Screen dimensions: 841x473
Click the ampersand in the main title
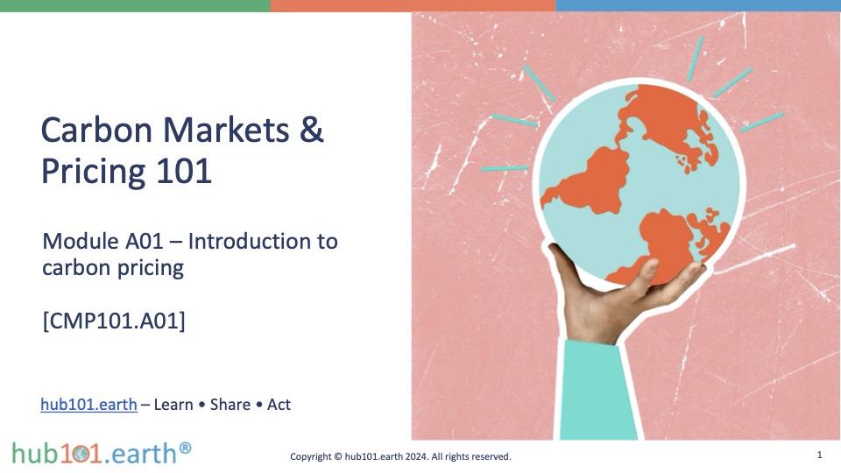tap(311, 130)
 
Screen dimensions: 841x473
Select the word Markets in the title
tap(226, 130)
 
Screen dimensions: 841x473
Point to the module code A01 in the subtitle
tap(144, 242)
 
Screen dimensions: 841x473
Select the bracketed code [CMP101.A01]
tap(114, 321)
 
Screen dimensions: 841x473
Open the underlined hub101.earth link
tap(89, 405)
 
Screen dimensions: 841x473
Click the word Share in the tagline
tap(230, 405)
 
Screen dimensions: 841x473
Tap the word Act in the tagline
tap(279, 405)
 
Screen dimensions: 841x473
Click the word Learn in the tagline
tap(173, 405)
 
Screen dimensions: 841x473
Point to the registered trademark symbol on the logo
tap(185, 448)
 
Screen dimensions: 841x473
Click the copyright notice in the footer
tap(400, 456)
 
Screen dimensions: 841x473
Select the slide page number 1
tap(820, 455)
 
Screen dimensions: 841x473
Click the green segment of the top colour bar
tap(135, 5)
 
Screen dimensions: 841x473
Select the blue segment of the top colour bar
tap(698, 5)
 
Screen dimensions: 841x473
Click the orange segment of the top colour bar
tap(413, 5)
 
